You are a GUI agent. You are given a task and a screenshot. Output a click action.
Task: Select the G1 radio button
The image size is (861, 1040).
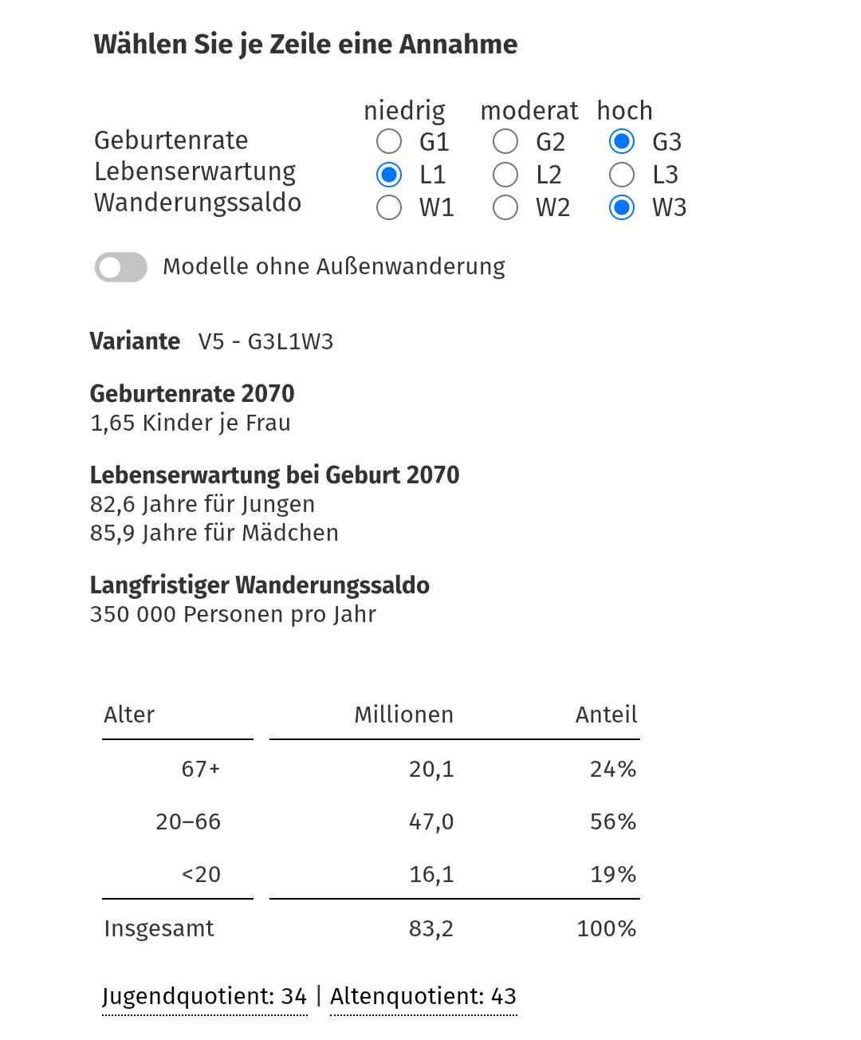click(389, 142)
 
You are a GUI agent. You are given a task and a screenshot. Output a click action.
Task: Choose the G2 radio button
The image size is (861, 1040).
click(505, 142)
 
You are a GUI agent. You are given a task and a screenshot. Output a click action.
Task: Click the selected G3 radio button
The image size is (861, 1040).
click(622, 142)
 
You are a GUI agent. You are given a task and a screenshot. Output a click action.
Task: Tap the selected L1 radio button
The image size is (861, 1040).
click(389, 175)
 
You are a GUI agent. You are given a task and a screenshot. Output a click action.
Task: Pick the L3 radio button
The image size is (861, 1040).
click(622, 175)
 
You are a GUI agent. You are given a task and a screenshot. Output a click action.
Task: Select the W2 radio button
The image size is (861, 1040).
click(505, 207)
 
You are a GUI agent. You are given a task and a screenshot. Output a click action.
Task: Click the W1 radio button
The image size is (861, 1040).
click(389, 207)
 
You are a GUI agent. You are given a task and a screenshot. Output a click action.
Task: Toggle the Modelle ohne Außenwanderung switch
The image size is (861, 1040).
click(121, 267)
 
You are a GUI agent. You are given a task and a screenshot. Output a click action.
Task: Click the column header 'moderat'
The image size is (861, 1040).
click(529, 111)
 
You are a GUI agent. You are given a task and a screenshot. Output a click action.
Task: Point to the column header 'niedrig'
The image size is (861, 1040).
click(404, 111)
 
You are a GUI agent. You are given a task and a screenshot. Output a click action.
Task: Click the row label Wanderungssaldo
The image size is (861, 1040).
click(198, 203)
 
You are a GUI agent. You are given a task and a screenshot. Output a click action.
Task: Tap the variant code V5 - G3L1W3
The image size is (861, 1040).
click(265, 341)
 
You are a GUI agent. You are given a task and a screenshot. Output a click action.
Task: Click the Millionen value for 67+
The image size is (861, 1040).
click(431, 769)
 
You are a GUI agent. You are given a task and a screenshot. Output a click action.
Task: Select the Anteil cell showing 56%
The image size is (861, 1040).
click(612, 821)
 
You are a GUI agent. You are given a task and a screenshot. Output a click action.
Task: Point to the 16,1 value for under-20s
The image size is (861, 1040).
click(431, 874)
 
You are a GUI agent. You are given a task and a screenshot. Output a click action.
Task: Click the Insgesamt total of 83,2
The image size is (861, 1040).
click(431, 928)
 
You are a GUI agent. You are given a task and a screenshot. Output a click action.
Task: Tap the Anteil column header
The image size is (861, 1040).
click(606, 715)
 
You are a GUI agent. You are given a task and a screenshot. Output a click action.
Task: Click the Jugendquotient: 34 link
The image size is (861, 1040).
click(205, 996)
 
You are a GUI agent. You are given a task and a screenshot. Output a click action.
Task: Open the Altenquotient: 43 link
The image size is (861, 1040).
click(423, 996)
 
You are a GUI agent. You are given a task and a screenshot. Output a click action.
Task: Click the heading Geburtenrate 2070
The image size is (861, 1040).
click(192, 394)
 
